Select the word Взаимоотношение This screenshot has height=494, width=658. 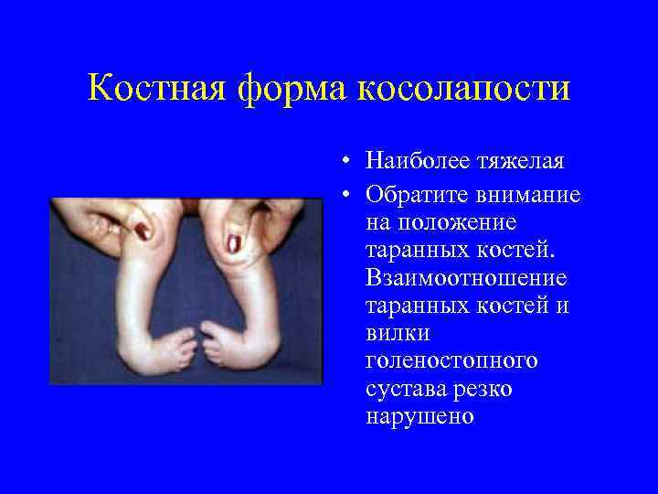pos(465,277)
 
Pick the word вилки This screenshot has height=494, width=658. pos(392,333)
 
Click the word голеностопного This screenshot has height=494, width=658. pos(451,361)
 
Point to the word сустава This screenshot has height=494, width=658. pos(403,389)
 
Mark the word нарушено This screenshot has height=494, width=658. pos(419,416)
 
